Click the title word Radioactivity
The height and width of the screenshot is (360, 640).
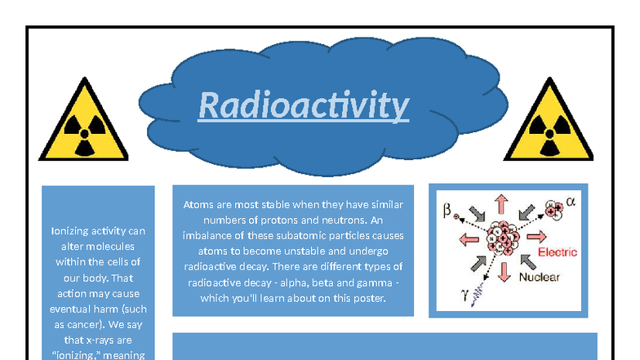(304, 105)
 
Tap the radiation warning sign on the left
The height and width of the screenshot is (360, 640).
(83, 123)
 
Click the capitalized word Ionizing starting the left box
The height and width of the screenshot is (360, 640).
(73, 230)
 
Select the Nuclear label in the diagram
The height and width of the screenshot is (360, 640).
(540, 278)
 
